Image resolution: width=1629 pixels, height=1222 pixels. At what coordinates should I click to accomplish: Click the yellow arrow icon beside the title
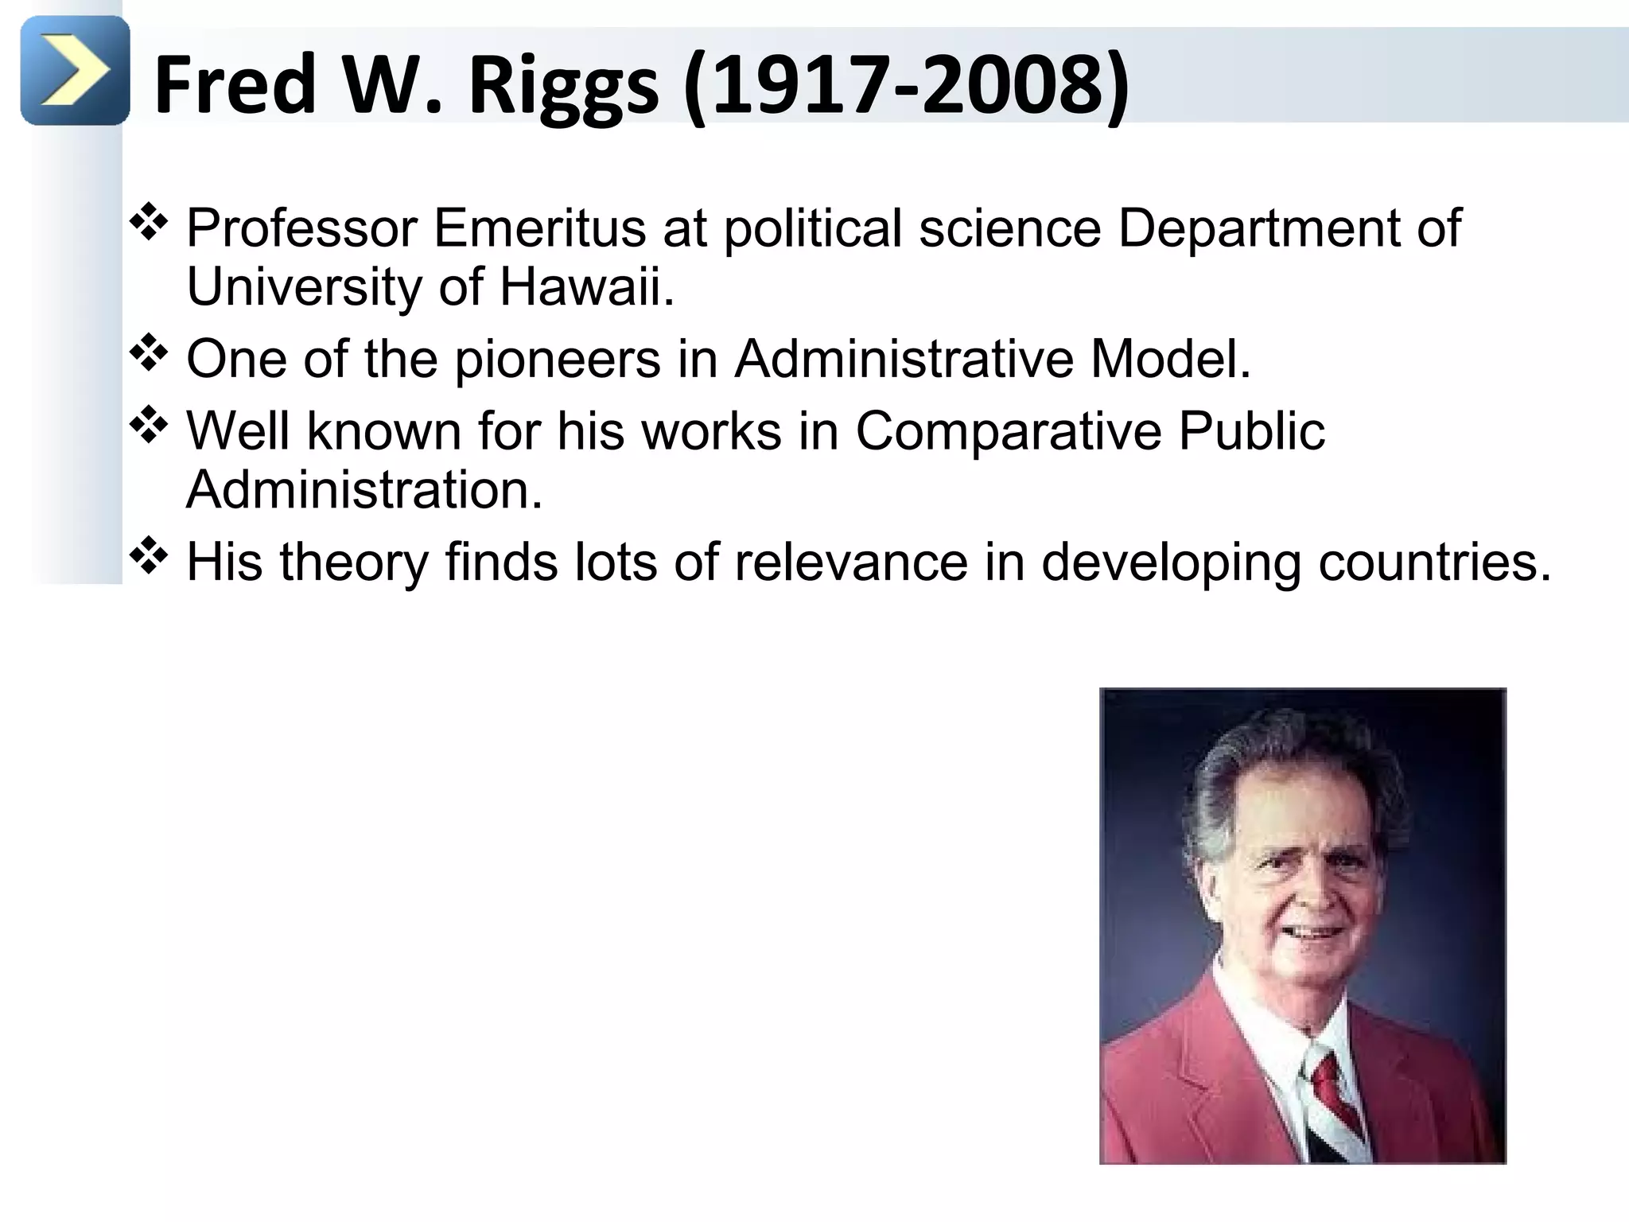click(x=75, y=71)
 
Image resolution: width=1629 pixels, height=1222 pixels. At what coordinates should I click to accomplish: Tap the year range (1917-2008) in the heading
click(x=906, y=86)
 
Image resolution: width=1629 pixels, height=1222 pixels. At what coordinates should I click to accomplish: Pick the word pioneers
click(x=558, y=360)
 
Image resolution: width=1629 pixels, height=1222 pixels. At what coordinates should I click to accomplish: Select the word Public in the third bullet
click(x=1251, y=432)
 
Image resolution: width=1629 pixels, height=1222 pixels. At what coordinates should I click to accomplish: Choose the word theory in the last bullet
click(x=354, y=563)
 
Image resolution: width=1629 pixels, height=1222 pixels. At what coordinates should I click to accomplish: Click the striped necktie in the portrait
click(x=1333, y=1106)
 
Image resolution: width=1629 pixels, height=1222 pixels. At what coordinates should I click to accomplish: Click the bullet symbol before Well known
click(x=148, y=426)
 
